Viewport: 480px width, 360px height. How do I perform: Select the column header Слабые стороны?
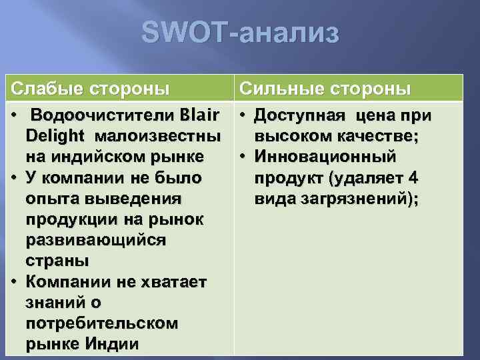[91, 89]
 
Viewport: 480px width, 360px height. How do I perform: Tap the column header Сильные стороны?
[325, 89]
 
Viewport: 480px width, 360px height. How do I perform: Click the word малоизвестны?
[158, 137]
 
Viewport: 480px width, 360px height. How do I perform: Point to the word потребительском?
[101, 323]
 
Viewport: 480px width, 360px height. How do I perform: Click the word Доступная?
[300, 116]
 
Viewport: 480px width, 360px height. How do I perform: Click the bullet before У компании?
[15, 179]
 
